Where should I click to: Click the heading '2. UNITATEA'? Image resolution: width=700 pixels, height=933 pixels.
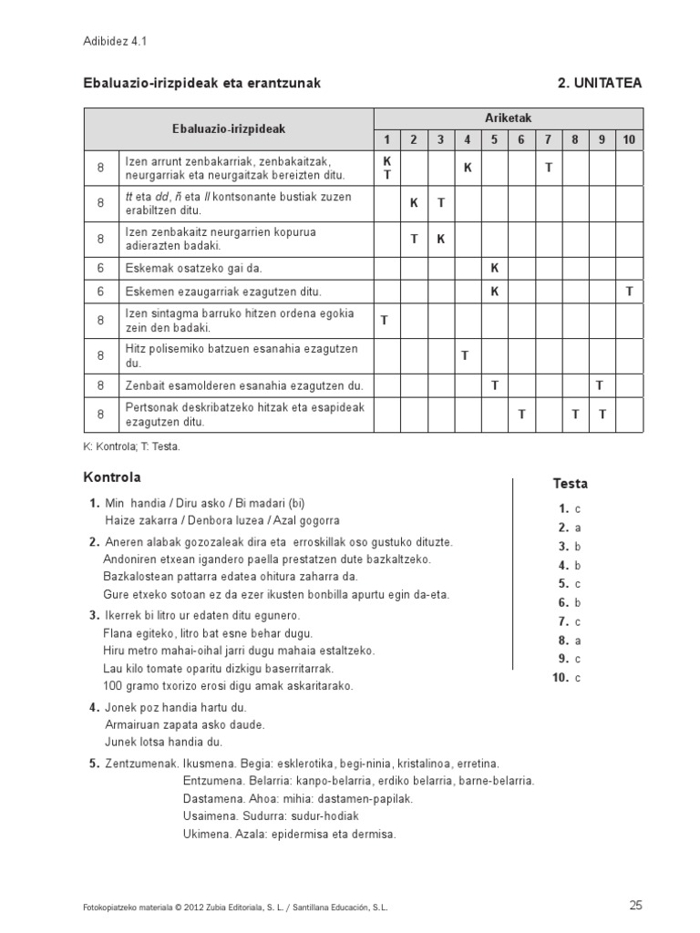[599, 83]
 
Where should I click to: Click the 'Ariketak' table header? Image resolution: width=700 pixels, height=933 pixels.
[509, 118]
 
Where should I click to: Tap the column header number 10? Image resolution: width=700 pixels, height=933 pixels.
[629, 139]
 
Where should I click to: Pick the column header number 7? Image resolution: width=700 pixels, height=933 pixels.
[548, 139]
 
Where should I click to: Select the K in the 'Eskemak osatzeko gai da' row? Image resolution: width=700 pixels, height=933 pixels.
[494, 268]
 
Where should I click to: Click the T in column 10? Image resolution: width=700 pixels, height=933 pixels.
[629, 292]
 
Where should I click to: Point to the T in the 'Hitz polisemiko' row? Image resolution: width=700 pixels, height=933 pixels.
[467, 355]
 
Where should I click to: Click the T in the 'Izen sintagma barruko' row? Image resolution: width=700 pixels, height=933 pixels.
[385, 320]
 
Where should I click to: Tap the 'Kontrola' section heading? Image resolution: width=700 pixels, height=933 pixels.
[112, 477]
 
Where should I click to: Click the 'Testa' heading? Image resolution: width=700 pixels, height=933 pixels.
[570, 483]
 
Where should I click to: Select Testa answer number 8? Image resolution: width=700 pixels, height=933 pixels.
[569, 640]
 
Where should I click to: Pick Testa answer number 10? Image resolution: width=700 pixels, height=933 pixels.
[568, 677]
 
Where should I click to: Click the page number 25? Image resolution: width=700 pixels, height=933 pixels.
[635, 905]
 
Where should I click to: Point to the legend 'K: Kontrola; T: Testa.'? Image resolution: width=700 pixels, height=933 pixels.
[132, 446]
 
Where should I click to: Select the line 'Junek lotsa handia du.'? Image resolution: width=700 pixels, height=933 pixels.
[164, 742]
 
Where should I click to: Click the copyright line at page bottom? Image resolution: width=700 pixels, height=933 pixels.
[235, 907]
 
